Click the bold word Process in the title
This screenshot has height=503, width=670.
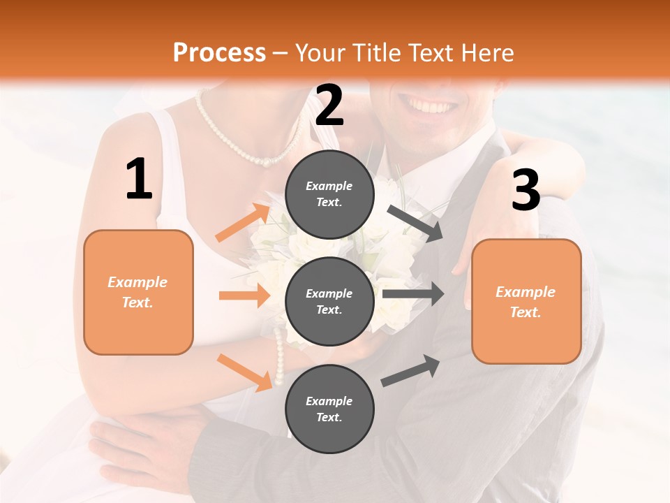pos(219,52)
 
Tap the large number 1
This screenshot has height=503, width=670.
pos(139,179)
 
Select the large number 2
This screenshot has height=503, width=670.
pos(329,105)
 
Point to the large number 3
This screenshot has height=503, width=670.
pos(526,191)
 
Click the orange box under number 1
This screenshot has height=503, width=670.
pos(138,292)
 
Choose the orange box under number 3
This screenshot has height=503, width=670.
pos(526,302)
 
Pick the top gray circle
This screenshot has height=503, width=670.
pos(329,194)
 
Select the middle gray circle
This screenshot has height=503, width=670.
pos(329,301)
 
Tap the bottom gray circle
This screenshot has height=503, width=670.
pos(329,409)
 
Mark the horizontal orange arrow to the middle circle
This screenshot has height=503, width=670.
pos(244,296)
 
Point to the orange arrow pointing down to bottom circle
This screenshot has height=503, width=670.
pos(245,372)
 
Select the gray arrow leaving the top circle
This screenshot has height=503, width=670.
pos(415,223)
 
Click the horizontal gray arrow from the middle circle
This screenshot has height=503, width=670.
pos(412,294)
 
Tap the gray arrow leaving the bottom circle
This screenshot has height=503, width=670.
pos(410,370)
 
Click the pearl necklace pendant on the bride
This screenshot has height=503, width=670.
pos(266,161)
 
